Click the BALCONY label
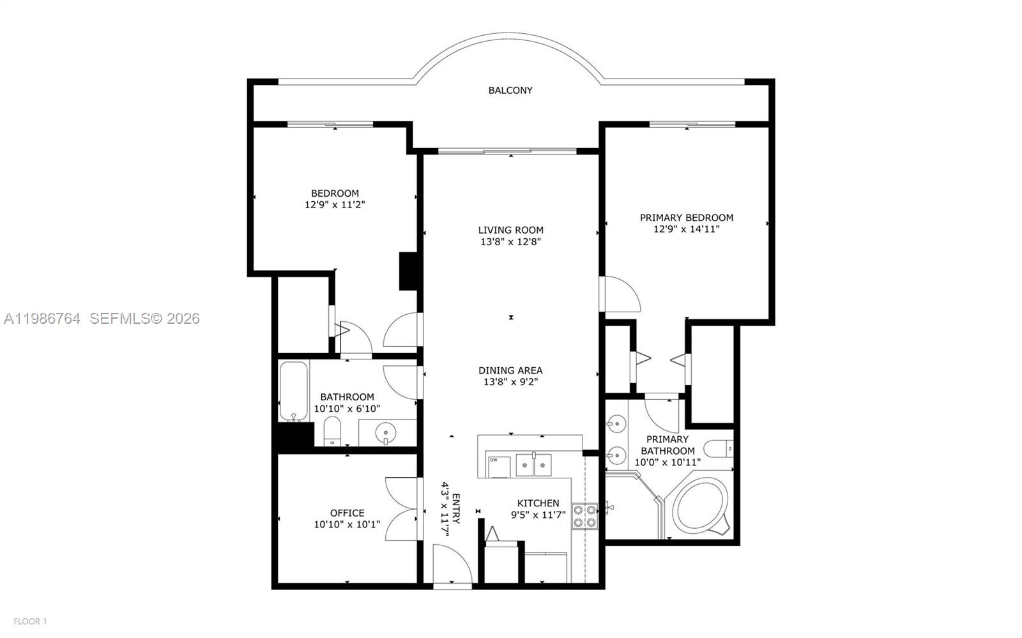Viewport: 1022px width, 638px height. coord(510,91)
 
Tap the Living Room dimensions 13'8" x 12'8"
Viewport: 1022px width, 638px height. coord(511,242)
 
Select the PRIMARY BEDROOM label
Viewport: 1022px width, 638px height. coord(687,218)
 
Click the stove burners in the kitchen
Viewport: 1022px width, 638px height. coord(584,516)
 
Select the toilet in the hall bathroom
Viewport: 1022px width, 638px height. coord(332,431)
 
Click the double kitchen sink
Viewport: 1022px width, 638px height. coord(534,464)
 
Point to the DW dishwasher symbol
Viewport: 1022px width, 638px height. coord(494,460)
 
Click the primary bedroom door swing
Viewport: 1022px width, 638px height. coord(620,294)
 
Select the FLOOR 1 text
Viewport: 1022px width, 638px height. coord(31,621)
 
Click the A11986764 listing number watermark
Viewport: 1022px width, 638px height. coord(42,318)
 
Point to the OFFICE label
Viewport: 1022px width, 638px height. coord(347,513)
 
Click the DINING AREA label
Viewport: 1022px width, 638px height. coord(510,370)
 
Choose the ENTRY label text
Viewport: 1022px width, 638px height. coord(456,508)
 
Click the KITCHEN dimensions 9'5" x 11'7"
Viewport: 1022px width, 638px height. coord(538,515)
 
